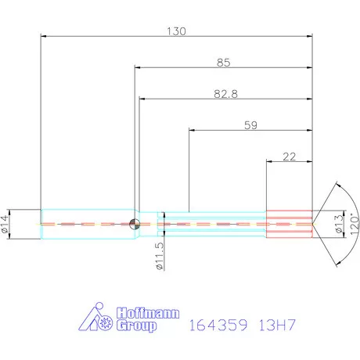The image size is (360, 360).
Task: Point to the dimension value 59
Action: click(x=251, y=124)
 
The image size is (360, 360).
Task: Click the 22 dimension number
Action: click(x=289, y=157)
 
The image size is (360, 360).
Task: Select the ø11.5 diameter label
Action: click(x=158, y=256)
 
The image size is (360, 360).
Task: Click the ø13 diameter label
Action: click(x=338, y=224)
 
